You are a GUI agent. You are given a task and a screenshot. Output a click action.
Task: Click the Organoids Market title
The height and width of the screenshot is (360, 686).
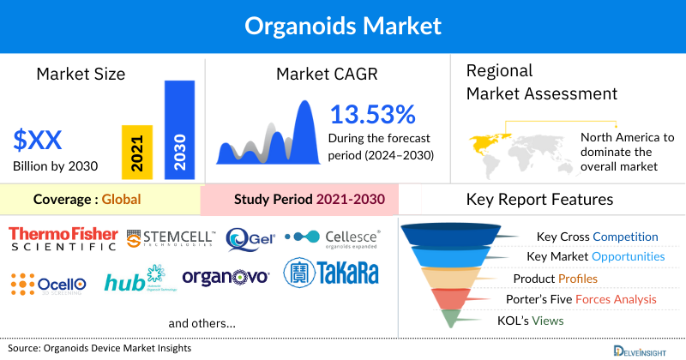tap(342, 25)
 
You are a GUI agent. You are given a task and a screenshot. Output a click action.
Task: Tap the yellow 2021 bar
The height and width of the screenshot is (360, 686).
tap(137, 152)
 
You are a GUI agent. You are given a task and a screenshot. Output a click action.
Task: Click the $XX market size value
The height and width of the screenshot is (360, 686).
tap(38, 138)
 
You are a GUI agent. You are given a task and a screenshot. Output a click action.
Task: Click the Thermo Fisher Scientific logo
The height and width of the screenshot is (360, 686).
tap(63, 237)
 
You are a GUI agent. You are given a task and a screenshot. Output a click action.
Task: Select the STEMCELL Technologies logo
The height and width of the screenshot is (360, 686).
tap(171, 238)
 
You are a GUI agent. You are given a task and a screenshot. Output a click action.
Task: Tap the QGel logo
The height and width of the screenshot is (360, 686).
tap(250, 238)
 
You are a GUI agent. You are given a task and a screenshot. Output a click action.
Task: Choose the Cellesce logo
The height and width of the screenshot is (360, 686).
tap(333, 237)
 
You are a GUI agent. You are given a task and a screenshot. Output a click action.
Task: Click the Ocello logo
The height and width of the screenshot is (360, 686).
tap(48, 282)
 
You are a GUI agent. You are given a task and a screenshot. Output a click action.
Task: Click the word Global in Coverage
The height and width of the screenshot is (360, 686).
tap(121, 200)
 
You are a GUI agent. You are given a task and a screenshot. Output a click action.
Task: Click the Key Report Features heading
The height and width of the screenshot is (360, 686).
tap(539, 200)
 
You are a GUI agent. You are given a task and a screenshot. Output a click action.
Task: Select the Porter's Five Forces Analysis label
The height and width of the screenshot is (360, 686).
tap(584, 299)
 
